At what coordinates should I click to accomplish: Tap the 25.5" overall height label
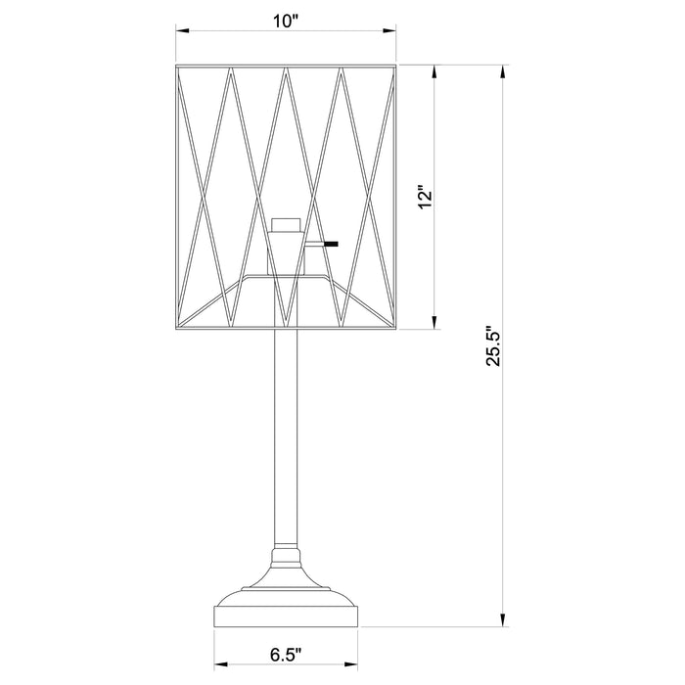tap(494, 345)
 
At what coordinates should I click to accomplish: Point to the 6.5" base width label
tap(285, 651)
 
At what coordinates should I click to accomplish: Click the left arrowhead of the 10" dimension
tap(181, 32)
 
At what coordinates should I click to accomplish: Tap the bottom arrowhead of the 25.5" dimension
tap(503, 619)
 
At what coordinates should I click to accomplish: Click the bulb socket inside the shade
tap(284, 245)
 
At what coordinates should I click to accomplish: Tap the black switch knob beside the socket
tap(333, 243)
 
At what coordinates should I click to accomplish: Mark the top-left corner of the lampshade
tap(176, 67)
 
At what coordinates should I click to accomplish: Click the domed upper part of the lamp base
tap(285, 587)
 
